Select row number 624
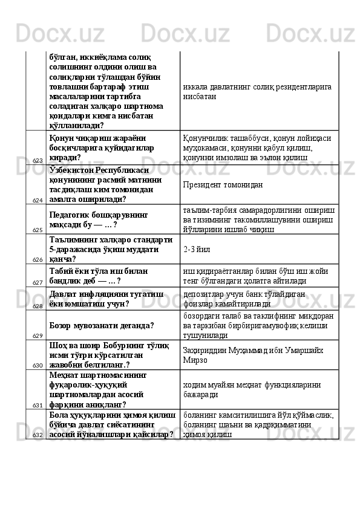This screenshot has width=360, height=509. (38, 200)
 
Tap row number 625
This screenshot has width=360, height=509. (38, 230)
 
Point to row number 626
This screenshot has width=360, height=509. (38, 259)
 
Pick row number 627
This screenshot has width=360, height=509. (38, 282)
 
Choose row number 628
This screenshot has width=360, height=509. (38, 306)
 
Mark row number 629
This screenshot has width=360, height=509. (38, 335)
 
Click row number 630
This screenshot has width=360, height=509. (38, 365)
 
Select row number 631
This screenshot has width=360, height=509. (38, 405)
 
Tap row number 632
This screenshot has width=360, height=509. (38, 435)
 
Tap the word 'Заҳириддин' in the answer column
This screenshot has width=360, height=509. (205, 350)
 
